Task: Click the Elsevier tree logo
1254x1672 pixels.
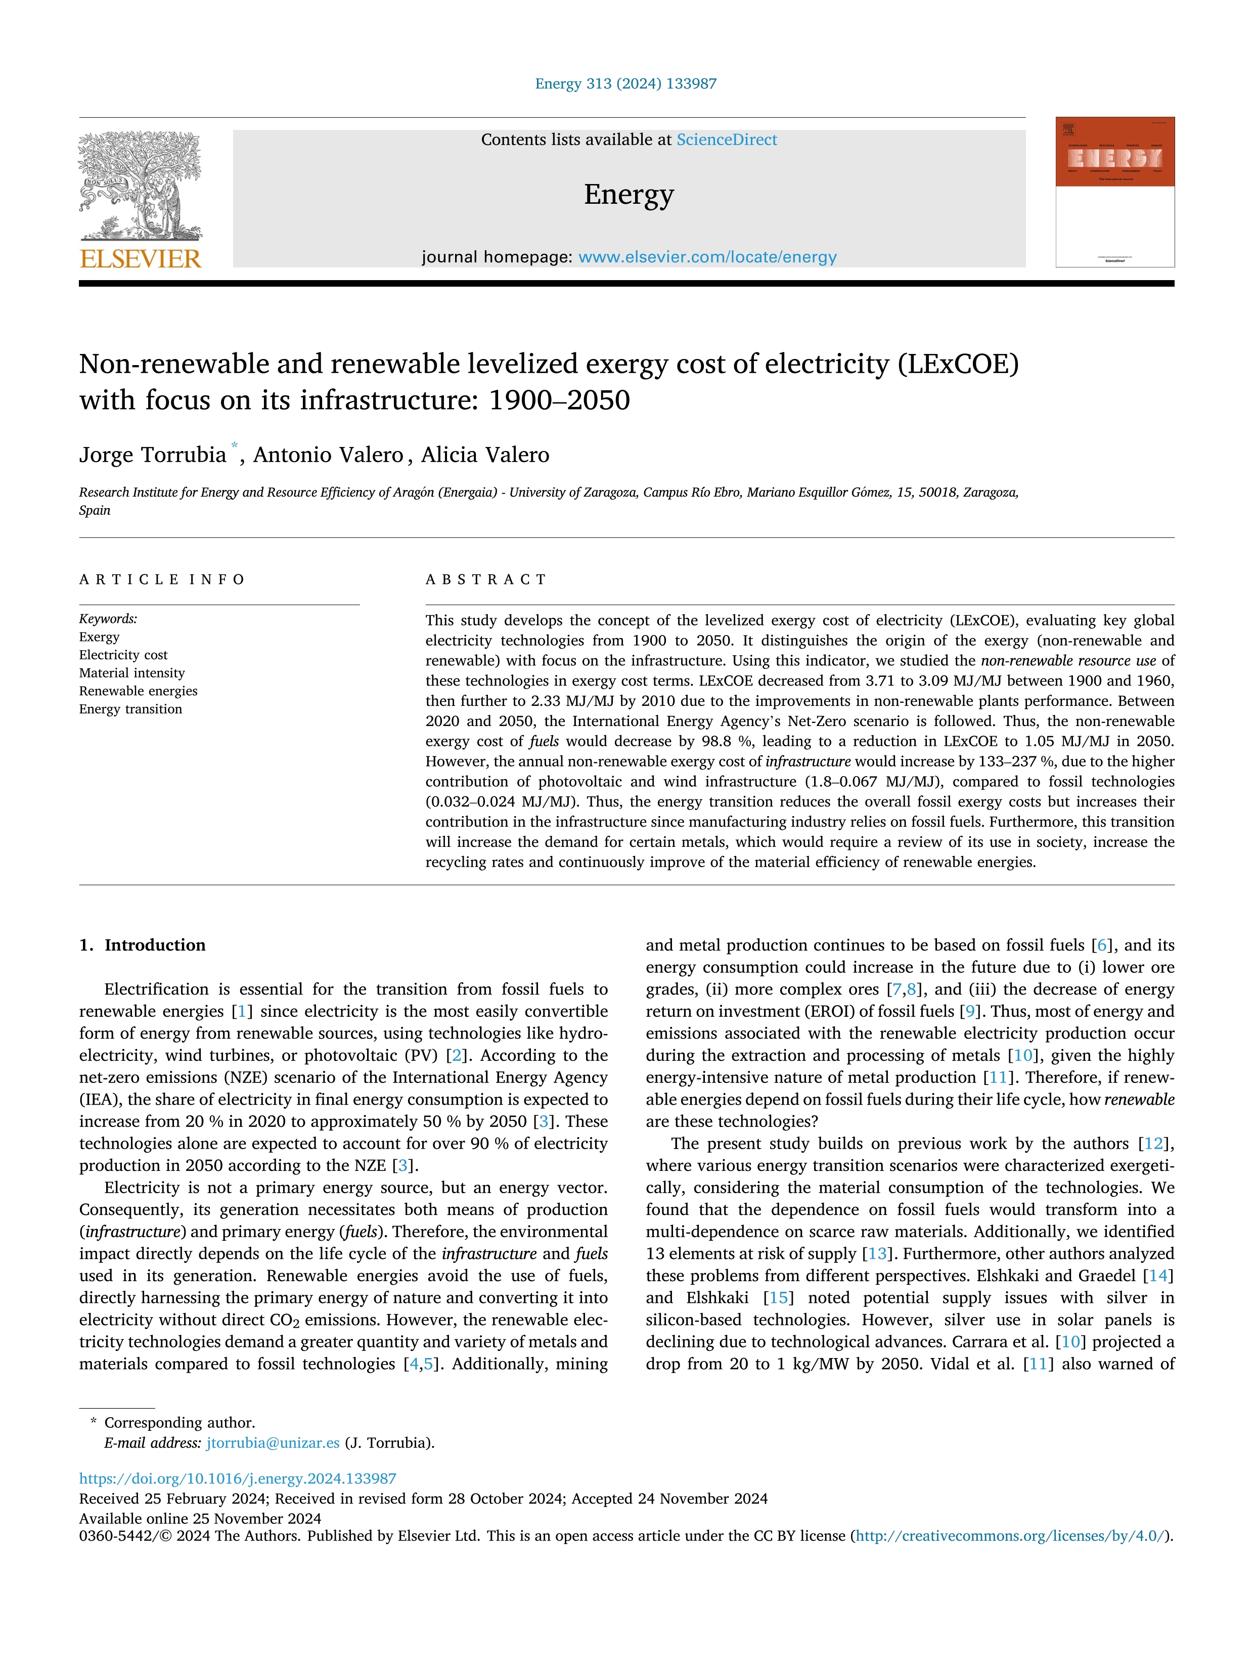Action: (x=141, y=185)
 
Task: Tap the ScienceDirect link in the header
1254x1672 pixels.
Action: (x=727, y=140)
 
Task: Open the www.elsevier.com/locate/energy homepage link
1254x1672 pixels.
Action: (x=707, y=257)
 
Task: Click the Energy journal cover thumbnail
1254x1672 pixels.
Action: (x=1115, y=192)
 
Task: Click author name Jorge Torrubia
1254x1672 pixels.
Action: (x=153, y=455)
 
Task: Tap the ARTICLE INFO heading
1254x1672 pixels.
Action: (x=162, y=580)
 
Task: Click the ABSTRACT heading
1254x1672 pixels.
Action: (x=486, y=580)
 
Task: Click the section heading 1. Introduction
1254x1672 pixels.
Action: (x=143, y=945)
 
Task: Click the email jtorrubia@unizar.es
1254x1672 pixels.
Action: (x=273, y=1442)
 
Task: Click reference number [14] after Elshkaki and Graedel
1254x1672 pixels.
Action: (x=1158, y=1276)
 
